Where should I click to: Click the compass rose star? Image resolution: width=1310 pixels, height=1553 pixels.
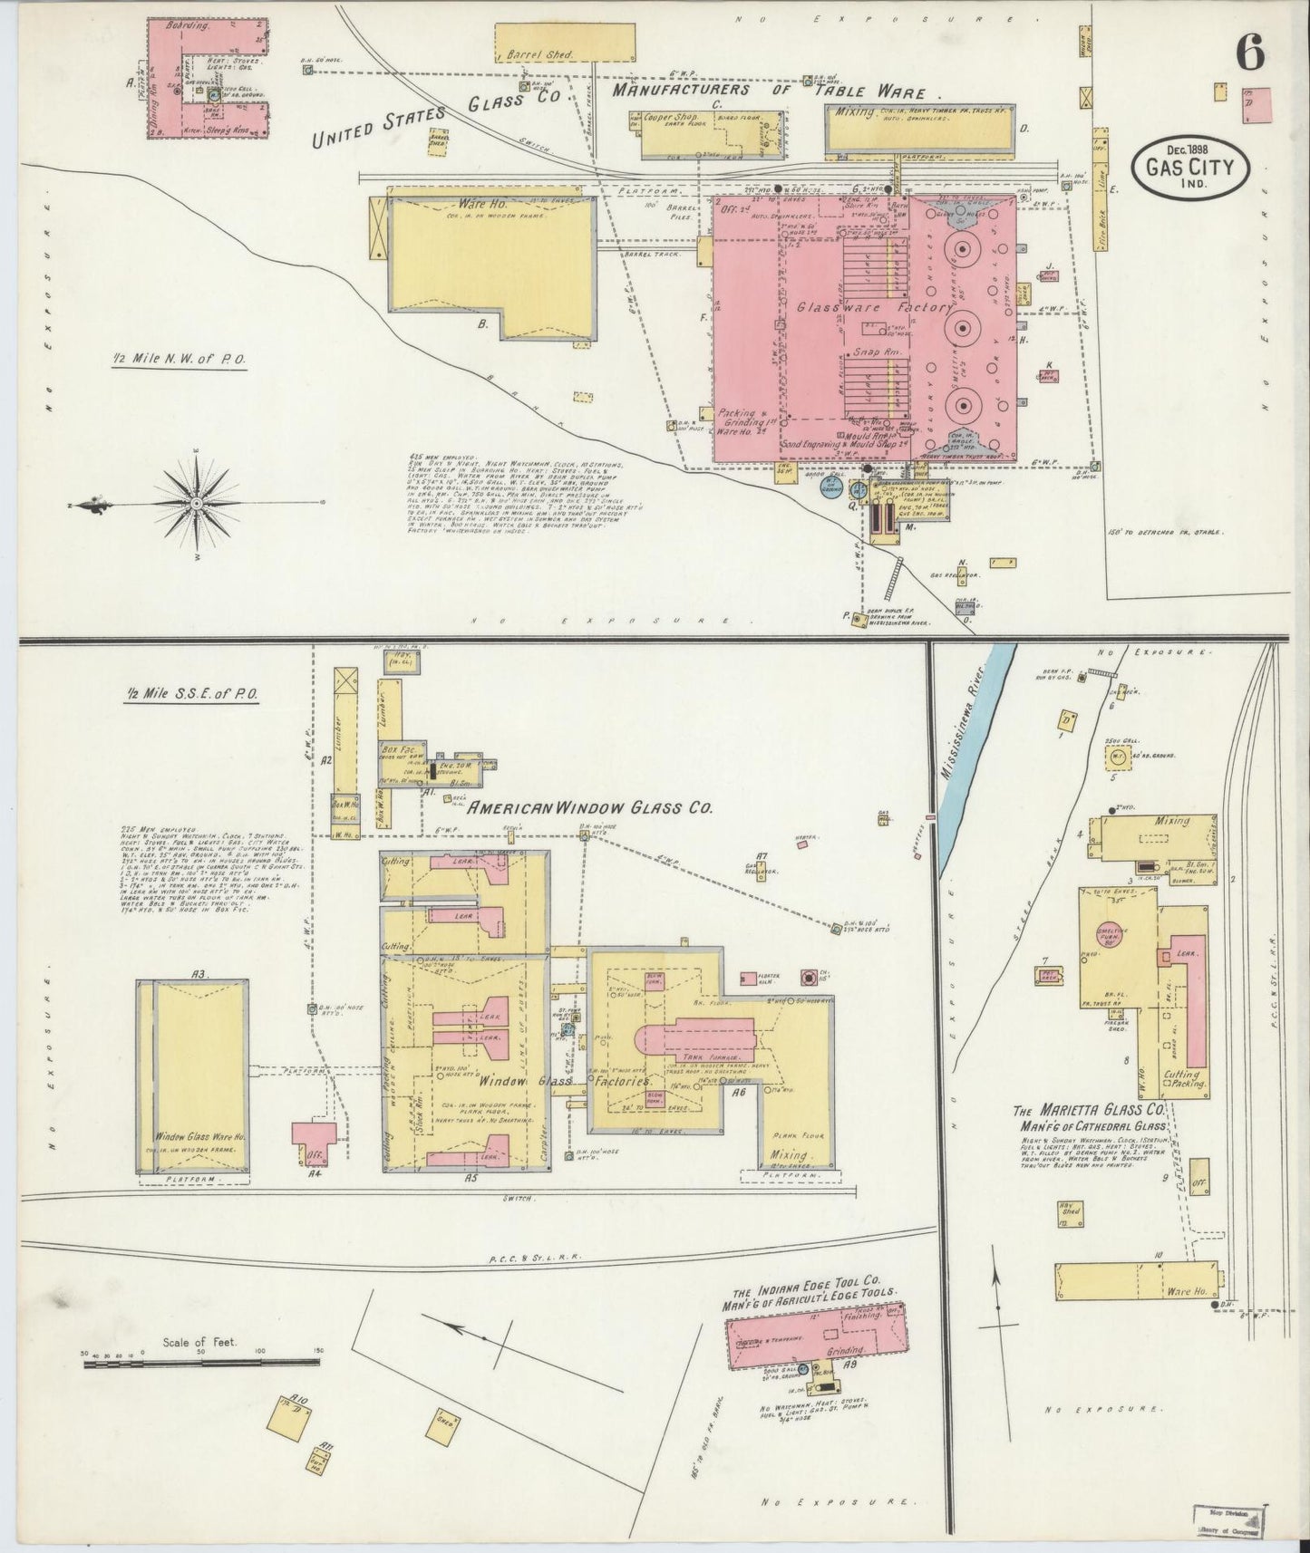[x=196, y=503]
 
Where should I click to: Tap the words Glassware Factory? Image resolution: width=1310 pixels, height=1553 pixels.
[x=860, y=308]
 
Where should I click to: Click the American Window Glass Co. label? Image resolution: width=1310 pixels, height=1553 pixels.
[x=589, y=807]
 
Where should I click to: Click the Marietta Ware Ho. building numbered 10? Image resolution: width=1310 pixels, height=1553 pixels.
[x=1139, y=1283]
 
